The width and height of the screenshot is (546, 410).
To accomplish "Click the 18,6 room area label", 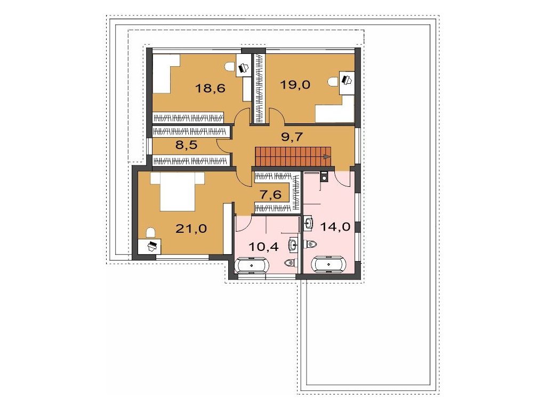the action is (210, 88).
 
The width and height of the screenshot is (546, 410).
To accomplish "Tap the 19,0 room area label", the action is (295, 85).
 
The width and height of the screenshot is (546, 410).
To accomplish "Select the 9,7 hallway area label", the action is (292, 137).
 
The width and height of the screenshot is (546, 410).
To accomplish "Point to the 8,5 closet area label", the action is (186, 144).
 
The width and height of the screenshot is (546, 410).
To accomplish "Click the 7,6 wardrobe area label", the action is (270, 194).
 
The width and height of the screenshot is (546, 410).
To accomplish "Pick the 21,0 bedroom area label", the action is (191, 228).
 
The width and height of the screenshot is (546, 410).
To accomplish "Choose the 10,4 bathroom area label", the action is (263, 247).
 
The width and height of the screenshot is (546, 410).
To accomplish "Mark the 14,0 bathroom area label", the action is (335, 227).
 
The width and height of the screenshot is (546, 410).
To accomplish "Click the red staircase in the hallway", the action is (293, 156).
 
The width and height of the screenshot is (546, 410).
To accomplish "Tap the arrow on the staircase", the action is (327, 157).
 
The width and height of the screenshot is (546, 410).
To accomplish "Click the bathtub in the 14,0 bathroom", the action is (329, 265).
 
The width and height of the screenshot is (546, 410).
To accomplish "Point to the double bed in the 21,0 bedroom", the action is (177, 192).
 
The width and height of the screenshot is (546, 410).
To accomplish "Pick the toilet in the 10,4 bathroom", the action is (290, 262).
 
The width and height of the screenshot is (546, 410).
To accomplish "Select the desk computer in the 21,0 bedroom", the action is (152, 246).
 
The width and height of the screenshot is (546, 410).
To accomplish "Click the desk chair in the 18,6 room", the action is (229, 67).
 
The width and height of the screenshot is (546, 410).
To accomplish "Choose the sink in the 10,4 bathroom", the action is (293, 245).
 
